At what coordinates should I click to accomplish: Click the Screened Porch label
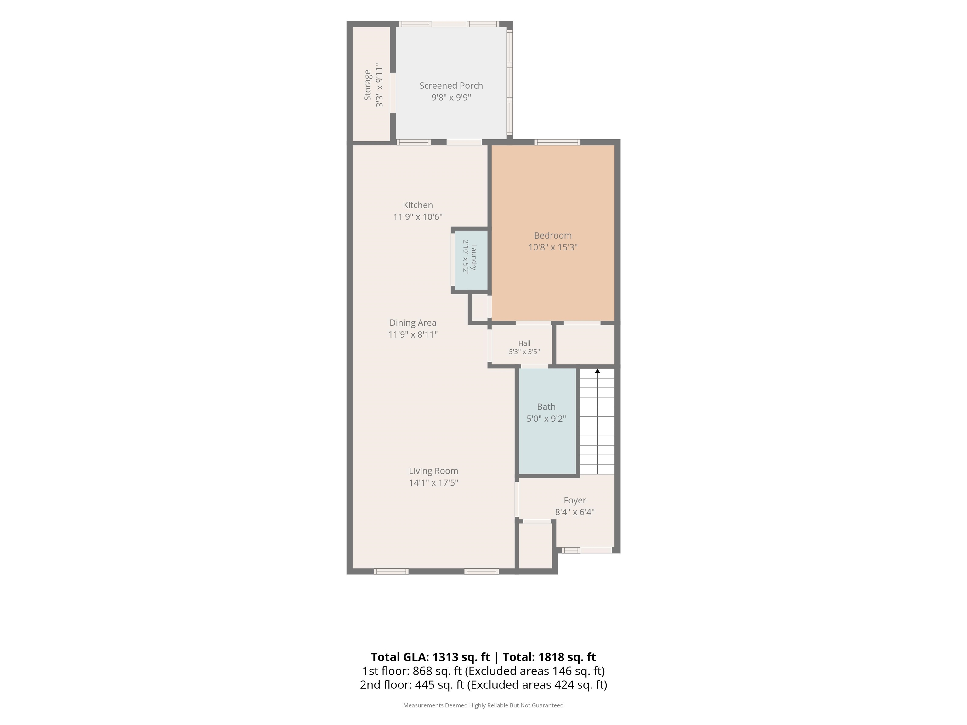click(x=451, y=86)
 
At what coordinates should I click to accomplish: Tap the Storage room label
click(x=368, y=85)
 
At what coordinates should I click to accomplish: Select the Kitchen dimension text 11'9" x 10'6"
click(x=418, y=217)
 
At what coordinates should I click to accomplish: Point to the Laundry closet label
click(x=474, y=257)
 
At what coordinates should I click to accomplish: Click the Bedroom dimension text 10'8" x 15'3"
click(x=553, y=247)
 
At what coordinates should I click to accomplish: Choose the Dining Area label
click(x=413, y=323)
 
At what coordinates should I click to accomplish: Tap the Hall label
click(x=524, y=343)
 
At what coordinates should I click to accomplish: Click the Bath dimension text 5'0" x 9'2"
click(x=546, y=419)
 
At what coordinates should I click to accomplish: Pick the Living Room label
click(x=433, y=471)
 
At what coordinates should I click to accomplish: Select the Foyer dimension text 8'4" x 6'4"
click(x=575, y=512)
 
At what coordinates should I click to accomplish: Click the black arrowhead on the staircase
click(x=597, y=371)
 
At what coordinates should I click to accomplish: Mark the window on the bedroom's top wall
click(x=557, y=142)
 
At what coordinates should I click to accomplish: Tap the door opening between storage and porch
click(x=393, y=93)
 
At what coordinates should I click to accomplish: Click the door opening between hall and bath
click(x=534, y=366)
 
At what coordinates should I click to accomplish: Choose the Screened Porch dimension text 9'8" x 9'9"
click(x=451, y=98)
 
